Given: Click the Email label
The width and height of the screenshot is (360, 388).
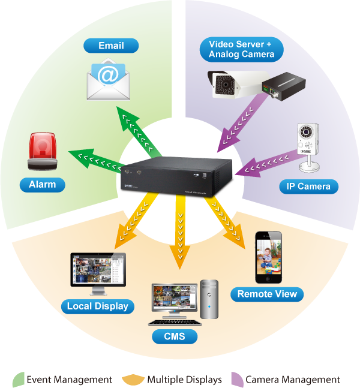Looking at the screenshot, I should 111,46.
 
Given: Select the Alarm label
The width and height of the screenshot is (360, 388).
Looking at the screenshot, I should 42,185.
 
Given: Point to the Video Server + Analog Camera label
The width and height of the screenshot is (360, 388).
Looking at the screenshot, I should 241,49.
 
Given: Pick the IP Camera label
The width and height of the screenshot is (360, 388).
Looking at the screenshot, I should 305,186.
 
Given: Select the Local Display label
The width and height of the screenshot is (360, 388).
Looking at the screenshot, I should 97,306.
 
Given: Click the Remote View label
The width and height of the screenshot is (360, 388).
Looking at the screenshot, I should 267,294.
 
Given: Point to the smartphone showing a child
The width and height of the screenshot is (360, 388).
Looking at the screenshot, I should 267,257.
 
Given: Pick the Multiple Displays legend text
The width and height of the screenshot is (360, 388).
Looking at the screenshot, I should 184,380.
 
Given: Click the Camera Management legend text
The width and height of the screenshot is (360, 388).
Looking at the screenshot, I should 293,380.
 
